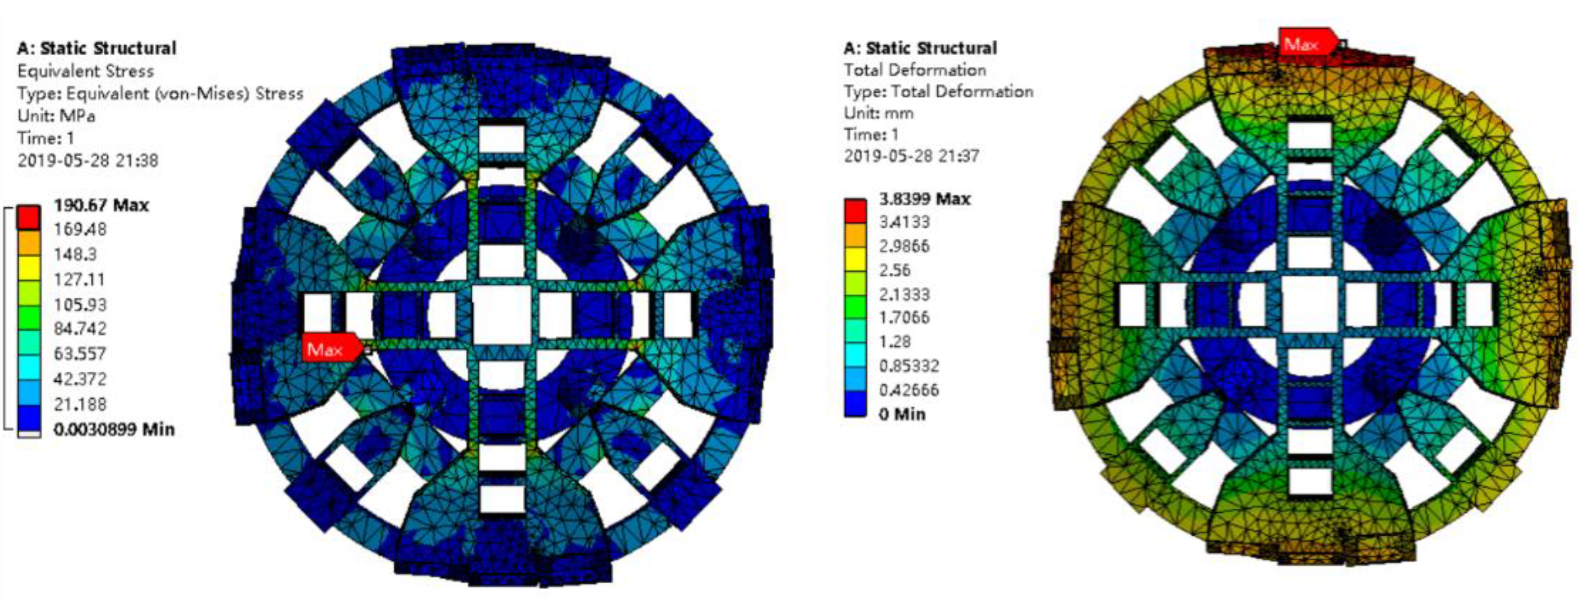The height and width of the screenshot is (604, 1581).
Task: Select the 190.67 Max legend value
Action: pos(101,206)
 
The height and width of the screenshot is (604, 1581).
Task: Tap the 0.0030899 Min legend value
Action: pos(114,429)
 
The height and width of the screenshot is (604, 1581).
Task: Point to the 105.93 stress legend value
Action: pos(80,305)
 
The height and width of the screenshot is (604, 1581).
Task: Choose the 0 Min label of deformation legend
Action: pos(902,414)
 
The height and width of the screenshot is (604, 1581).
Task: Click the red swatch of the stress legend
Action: pos(28,217)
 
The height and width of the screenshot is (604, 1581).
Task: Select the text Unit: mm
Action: pos(878,114)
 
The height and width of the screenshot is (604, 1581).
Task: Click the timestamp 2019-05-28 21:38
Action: pos(88,161)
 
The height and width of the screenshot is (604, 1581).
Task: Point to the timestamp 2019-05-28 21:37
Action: pos(911,156)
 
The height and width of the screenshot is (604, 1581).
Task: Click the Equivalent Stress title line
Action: pos(85,71)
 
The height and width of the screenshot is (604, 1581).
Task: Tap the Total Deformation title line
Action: pos(914,70)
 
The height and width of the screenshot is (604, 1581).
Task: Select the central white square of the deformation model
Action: pos(1309,306)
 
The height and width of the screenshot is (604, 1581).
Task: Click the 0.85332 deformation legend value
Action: pos(909,366)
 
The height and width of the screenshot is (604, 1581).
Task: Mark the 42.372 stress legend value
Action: pos(80,379)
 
